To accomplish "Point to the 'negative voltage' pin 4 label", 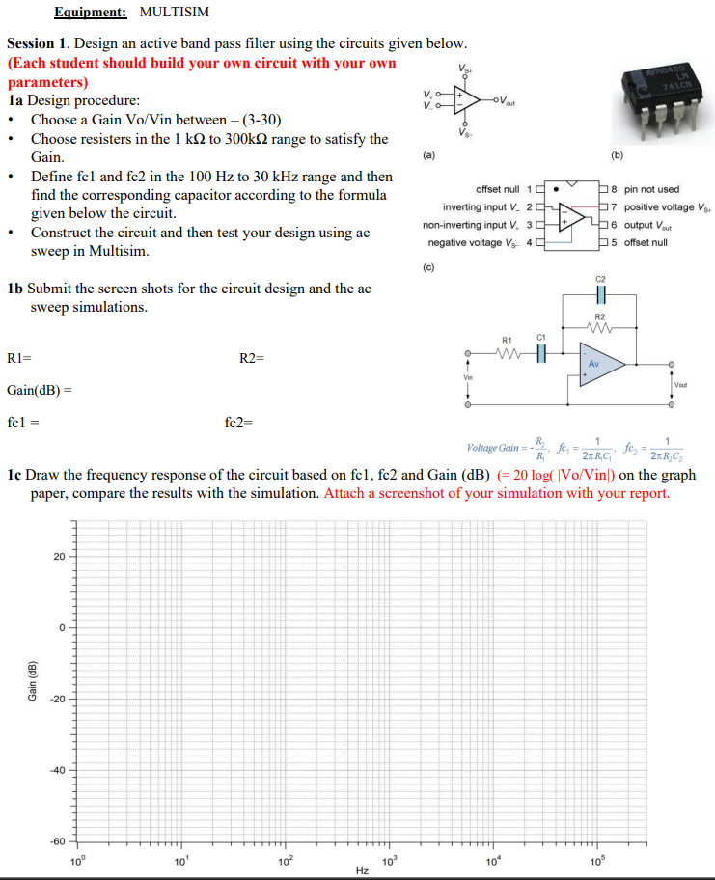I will click(480, 242).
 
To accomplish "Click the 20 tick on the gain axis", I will click(58, 557).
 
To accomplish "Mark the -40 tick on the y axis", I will click(56, 770).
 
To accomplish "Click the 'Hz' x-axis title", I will click(362, 871).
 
